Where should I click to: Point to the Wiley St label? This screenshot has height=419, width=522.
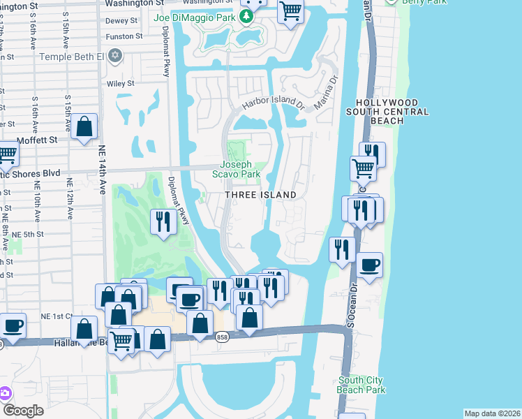click(x=120, y=84)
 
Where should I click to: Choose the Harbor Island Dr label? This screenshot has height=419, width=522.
click(x=274, y=105)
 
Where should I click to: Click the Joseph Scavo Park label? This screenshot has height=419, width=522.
click(x=241, y=170)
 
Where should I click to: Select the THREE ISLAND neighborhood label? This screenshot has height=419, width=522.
click(x=260, y=195)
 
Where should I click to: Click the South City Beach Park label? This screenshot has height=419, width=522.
click(x=360, y=385)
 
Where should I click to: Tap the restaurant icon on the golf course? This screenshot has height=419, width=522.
click(x=163, y=221)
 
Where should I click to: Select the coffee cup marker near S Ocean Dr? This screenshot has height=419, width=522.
click(x=370, y=265)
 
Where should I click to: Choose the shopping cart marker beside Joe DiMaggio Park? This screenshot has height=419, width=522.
click(x=290, y=10)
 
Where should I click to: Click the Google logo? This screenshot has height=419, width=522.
click(x=22, y=411)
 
